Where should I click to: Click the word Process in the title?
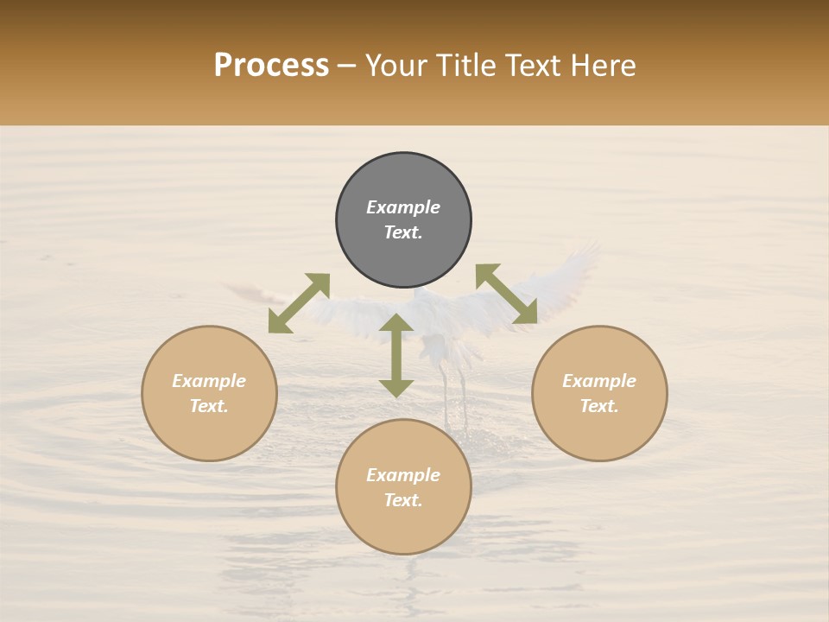[x=271, y=66]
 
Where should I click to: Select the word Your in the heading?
[x=395, y=66]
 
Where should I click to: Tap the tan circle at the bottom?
[x=403, y=527]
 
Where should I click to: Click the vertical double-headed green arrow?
[x=396, y=355]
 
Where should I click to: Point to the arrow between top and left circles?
[x=299, y=303]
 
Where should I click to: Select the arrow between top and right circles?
[x=507, y=294]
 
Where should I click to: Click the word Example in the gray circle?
[x=403, y=207]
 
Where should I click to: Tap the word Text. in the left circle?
[x=209, y=406]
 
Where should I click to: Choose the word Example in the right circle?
[x=599, y=381]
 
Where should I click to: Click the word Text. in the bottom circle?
[x=403, y=500]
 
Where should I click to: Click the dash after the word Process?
[x=347, y=67]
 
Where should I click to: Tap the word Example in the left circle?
[x=209, y=381]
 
